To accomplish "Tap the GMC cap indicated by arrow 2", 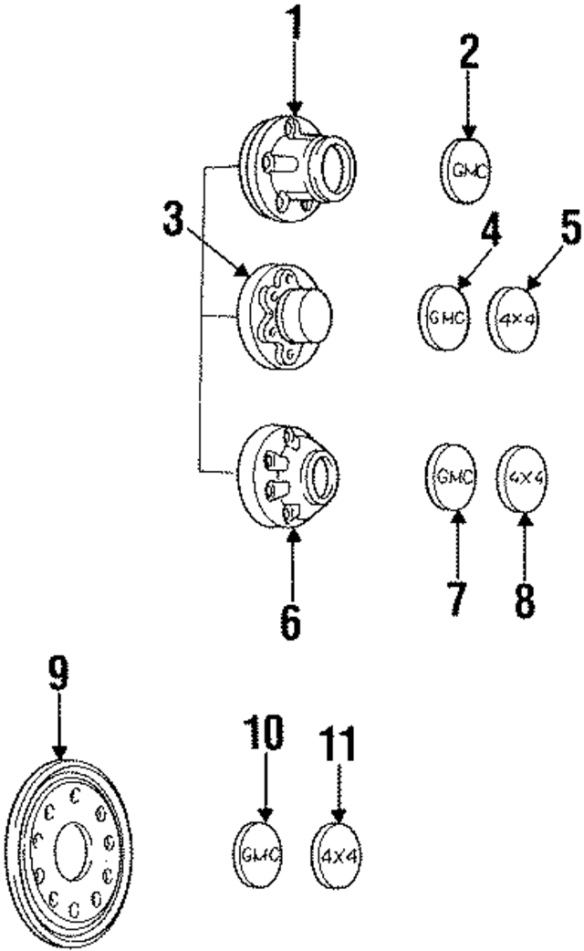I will click(x=466, y=170).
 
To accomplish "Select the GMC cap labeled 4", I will click(x=445, y=317).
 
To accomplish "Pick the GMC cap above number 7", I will click(x=452, y=475).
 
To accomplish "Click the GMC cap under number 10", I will click(x=259, y=852).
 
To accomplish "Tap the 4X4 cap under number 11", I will click(x=336, y=854).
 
